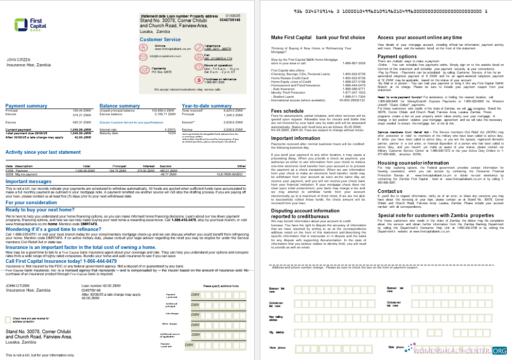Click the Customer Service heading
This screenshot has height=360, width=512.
coord(160,40)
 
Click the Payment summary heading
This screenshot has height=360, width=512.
coord(26,106)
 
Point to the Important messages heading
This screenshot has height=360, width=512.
coord(28,182)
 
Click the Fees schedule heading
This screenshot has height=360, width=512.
coord(287,111)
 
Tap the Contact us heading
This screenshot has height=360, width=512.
coord(390,191)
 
